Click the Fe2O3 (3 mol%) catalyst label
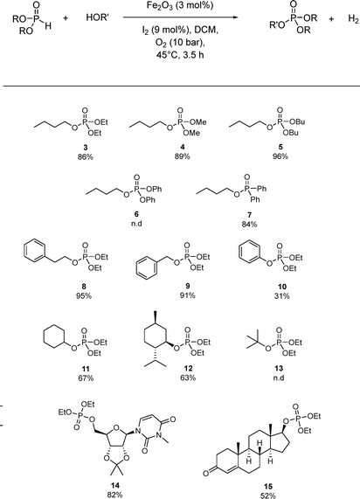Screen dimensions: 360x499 coord(180,5)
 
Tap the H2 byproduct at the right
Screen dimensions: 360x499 coord(353,19)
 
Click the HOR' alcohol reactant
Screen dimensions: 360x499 coord(97,17)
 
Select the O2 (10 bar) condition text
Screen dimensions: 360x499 coord(180,43)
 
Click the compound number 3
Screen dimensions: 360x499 coord(85,147)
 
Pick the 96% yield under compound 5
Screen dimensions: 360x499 coord(280,156)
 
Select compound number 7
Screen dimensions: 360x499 coord(250,215)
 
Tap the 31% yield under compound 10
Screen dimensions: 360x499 coord(282,296)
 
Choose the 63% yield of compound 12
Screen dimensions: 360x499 coord(188,378)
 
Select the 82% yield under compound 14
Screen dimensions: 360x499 coord(114,495)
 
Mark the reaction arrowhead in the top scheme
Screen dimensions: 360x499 coord(236,17)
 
